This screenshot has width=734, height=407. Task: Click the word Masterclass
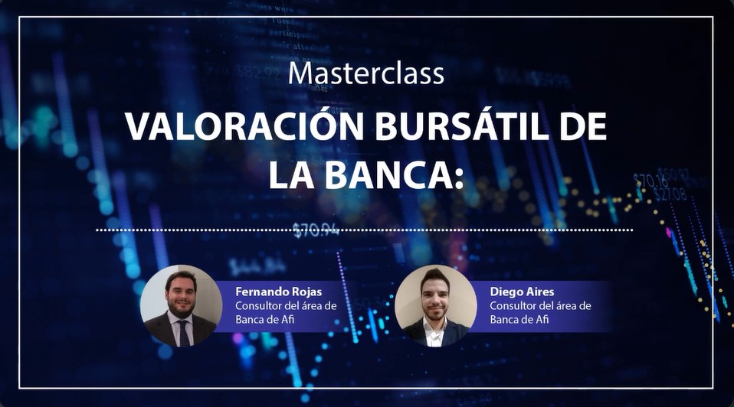[x=366, y=73]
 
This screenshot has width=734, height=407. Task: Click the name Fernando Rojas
[x=279, y=291]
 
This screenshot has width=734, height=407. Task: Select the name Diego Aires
[x=522, y=291]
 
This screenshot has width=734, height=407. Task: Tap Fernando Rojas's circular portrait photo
[x=181, y=305]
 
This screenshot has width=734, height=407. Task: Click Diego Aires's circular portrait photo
[x=435, y=305]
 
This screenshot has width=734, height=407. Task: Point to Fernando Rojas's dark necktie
[x=184, y=333]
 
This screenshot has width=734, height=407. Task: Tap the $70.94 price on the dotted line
[x=316, y=230]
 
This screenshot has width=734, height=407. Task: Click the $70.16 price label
[x=650, y=181]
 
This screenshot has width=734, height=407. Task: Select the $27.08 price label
[x=670, y=194]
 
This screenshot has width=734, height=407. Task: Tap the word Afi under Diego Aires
[x=542, y=320]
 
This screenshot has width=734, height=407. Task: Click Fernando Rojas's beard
[x=181, y=308]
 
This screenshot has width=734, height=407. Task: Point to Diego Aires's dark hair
[x=434, y=277]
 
